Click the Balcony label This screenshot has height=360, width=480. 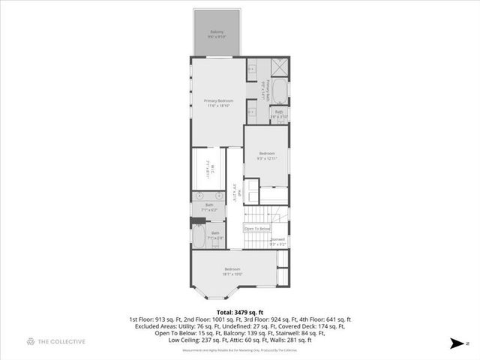[x=217, y=33]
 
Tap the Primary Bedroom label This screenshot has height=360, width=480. [x=219, y=103]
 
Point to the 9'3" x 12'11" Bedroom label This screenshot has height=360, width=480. [x=266, y=157]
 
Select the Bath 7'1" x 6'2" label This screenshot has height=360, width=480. [x=209, y=207]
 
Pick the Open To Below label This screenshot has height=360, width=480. [x=256, y=229]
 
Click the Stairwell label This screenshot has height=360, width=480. [x=277, y=241]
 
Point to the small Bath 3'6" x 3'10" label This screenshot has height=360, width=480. [x=278, y=114]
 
